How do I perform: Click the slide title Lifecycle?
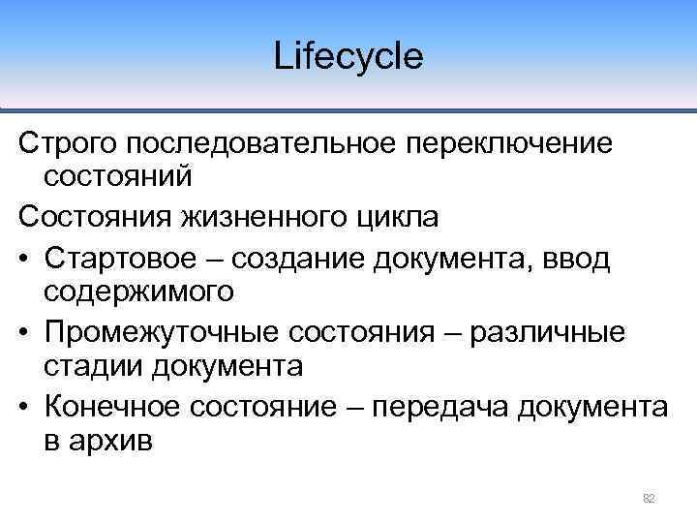[x=348, y=56]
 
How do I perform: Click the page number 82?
[x=649, y=498]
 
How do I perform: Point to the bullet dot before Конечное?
[x=26, y=407]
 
